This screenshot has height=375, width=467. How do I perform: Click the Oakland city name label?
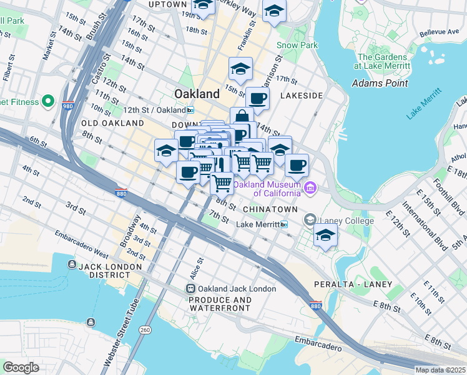point(197,94)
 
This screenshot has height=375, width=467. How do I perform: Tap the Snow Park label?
point(297,45)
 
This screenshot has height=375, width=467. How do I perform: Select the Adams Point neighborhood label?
point(380,82)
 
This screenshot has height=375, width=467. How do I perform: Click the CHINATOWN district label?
point(268,208)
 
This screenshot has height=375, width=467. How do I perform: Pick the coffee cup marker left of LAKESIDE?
point(257,98)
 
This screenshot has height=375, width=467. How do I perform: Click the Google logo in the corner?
point(21,367)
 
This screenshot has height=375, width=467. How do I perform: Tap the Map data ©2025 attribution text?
point(440,370)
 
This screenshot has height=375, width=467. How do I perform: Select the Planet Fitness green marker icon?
point(47,102)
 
